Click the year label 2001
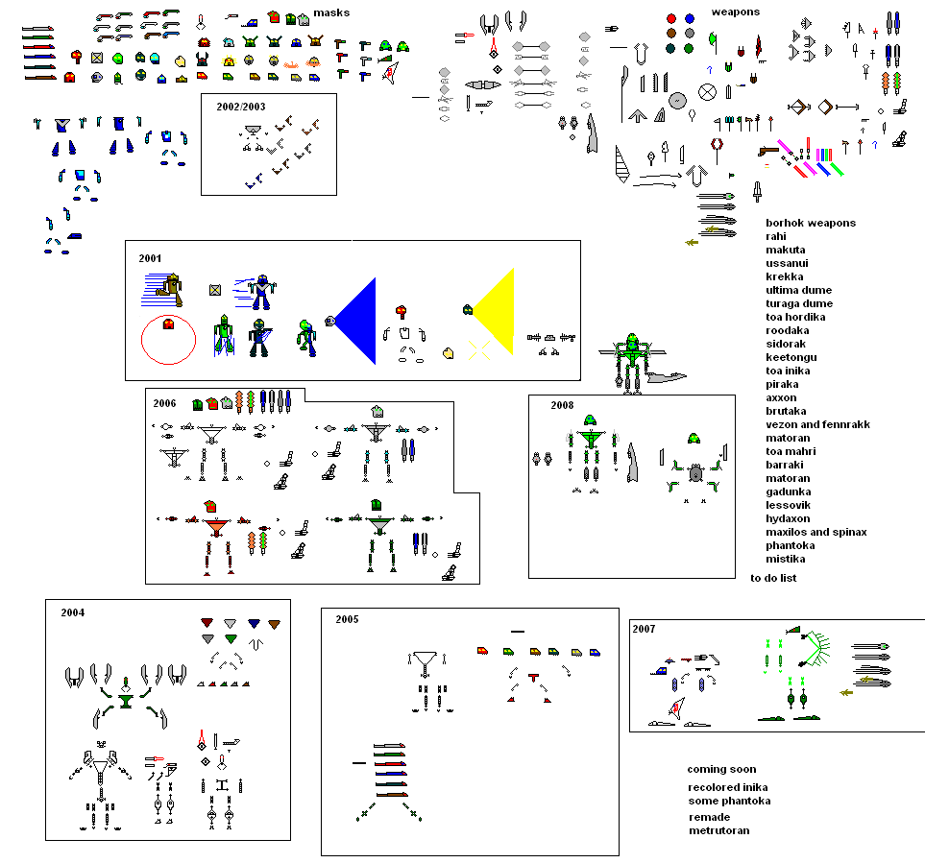click(x=150, y=258)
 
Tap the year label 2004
click(x=73, y=612)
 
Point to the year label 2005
click(x=347, y=619)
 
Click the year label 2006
click(x=164, y=403)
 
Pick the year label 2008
click(x=562, y=405)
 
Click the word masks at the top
click(x=330, y=12)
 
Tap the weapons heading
click(x=735, y=12)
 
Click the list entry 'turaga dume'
click(x=799, y=303)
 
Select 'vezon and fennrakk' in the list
click(x=817, y=424)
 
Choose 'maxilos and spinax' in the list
click(x=815, y=532)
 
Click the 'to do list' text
click(x=773, y=578)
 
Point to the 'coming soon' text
click(x=721, y=769)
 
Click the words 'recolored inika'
click(x=727, y=787)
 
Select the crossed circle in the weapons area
click(x=707, y=92)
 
